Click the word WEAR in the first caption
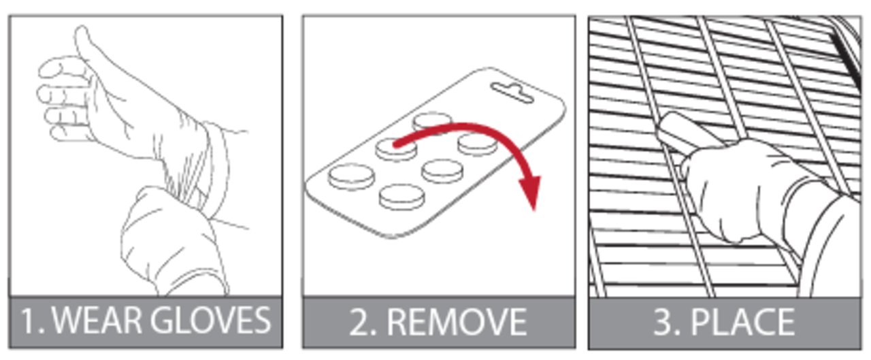(x=97, y=321)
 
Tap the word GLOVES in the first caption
(x=210, y=321)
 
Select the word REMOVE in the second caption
(x=457, y=322)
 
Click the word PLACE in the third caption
(x=742, y=322)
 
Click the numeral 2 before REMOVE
(x=360, y=322)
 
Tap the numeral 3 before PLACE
(x=664, y=322)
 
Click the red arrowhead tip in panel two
(x=534, y=210)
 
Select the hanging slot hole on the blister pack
(x=512, y=93)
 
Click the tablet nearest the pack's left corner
(x=352, y=177)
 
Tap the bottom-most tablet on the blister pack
(x=401, y=197)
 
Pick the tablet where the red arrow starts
(x=396, y=149)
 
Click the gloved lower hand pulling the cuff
(x=171, y=241)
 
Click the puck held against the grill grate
(x=685, y=130)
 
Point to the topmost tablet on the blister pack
(x=432, y=122)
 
